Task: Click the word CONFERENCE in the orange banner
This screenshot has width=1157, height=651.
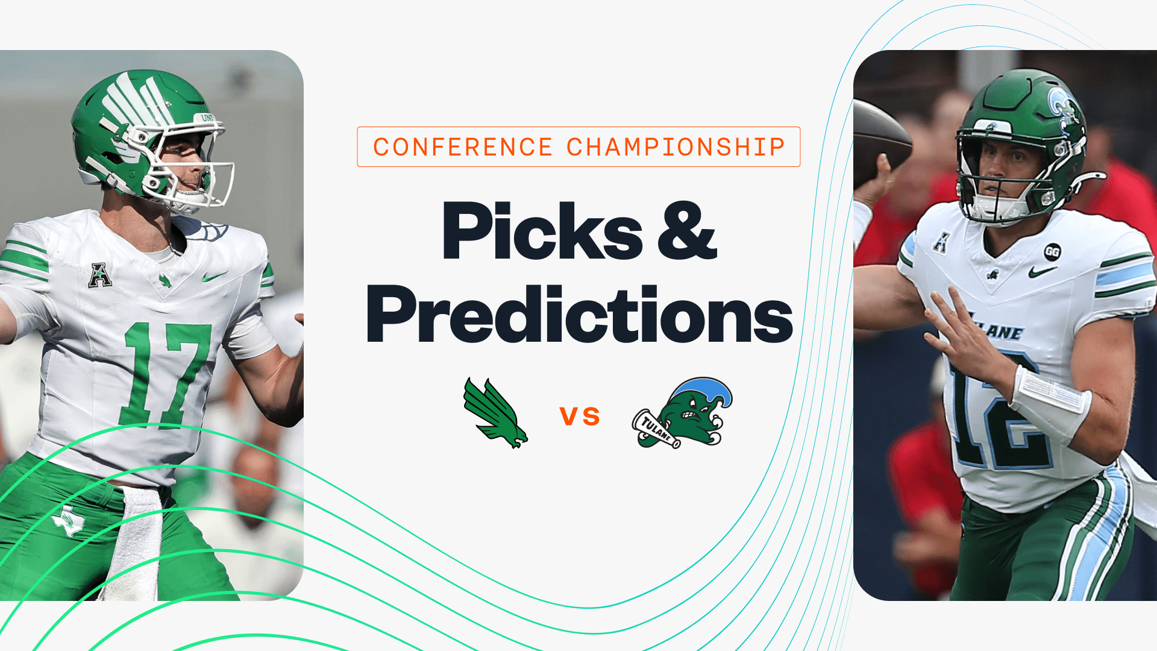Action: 463,147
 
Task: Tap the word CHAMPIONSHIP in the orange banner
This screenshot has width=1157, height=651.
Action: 676,147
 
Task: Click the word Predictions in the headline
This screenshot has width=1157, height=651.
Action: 579,315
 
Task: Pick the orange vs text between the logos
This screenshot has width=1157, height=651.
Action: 580,416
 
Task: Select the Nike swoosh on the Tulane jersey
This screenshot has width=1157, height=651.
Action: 1042,272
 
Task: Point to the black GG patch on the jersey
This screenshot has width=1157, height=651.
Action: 1052,252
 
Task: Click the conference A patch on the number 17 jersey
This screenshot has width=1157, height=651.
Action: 99,275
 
